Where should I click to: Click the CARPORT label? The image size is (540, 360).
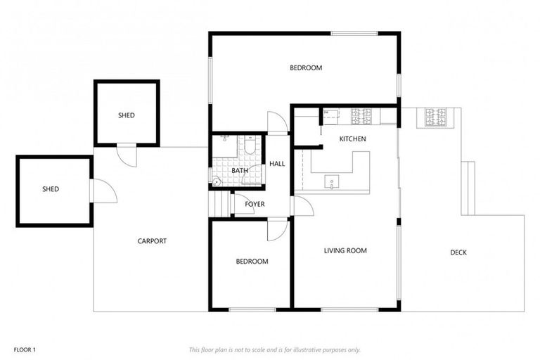pos(152,241)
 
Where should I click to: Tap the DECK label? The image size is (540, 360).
pos(458,252)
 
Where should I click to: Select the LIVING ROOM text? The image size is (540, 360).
pos(345,251)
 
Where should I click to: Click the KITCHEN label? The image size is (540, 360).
pos(352,139)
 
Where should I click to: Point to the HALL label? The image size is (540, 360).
pos(277,164)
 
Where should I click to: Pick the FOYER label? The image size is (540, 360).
pos(255,205)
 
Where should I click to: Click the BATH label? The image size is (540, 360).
pos(240,171)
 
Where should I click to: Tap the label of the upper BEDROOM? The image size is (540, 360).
pos(306,68)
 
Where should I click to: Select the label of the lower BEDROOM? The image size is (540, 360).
pos(252,262)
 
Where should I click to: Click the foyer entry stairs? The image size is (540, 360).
pos(221,205)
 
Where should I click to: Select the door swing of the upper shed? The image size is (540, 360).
pos(127,155)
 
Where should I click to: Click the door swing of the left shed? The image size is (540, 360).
pos(103,191)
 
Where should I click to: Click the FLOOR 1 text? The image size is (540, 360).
pos(24,349)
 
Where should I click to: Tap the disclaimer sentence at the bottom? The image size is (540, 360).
pos(274,349)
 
